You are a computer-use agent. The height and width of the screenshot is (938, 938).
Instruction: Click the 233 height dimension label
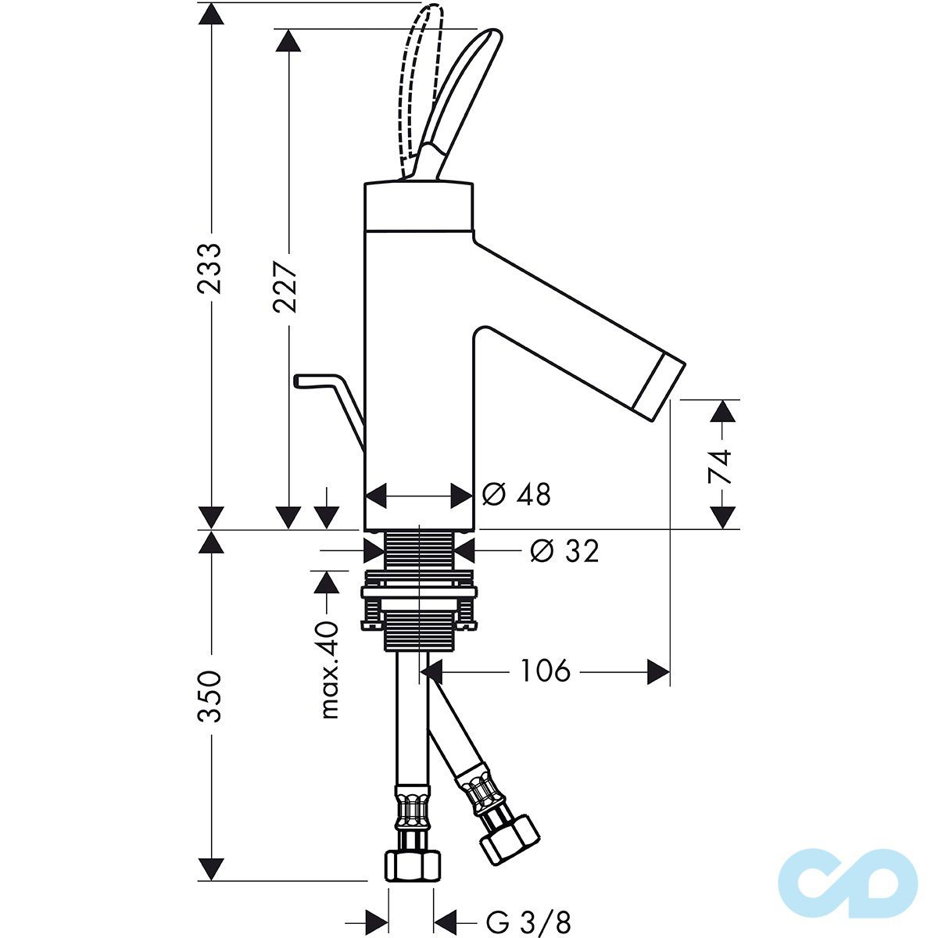pyautogui.click(x=209, y=269)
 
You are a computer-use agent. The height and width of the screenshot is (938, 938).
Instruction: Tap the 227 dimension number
pyautogui.click(x=286, y=287)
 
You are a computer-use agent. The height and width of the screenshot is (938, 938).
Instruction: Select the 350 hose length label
pyautogui.click(x=209, y=696)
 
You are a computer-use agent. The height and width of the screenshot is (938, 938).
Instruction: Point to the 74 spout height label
pyautogui.click(x=720, y=467)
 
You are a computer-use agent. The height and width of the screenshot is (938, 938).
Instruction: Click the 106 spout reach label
pyautogui.click(x=545, y=671)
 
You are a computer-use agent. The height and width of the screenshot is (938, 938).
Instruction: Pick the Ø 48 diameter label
pyautogui.click(x=517, y=494)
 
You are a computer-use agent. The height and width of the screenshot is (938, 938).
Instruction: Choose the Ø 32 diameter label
pyautogui.click(x=564, y=551)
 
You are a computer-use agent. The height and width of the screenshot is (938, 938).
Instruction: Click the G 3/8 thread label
pyautogui.click(x=528, y=922)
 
